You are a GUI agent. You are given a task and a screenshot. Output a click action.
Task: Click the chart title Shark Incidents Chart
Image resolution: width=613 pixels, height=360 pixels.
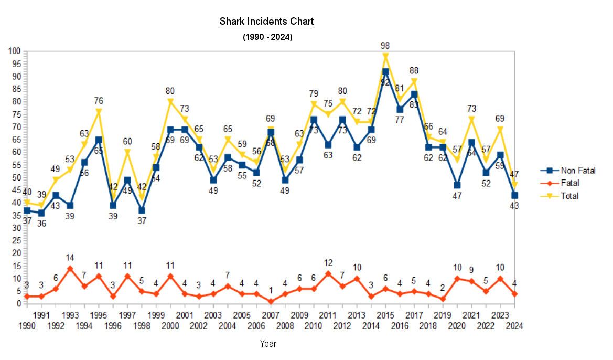point(266,22)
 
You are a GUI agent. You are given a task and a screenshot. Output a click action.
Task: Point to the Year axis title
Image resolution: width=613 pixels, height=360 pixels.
point(268,344)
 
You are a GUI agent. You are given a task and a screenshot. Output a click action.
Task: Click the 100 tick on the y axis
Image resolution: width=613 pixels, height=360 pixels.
point(13,51)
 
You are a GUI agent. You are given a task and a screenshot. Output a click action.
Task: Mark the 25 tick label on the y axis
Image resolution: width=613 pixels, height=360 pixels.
point(15,240)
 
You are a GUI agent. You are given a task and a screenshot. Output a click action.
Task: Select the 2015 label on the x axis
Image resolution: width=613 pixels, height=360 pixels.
point(385,315)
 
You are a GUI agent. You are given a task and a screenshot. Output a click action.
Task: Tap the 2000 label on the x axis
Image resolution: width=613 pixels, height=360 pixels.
point(170,325)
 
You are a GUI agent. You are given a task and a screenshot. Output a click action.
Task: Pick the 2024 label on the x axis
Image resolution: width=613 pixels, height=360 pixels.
point(514,325)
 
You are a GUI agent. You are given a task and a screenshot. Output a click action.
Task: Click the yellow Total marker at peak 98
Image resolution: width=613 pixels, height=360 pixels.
point(385,57)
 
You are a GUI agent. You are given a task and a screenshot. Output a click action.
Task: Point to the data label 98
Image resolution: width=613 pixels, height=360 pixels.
point(385,46)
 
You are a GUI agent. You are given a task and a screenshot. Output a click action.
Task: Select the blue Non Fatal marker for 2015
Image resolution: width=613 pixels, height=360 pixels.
point(385,72)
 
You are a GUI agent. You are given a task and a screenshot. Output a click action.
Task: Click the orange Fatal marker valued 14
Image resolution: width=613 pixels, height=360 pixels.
point(70,268)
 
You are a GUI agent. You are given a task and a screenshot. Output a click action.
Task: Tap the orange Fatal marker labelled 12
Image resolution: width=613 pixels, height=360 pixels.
point(328,273)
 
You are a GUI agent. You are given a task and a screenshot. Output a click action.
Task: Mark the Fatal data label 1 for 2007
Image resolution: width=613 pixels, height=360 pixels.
point(271,290)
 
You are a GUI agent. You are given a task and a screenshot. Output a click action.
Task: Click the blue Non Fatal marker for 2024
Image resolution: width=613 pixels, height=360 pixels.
point(514,195)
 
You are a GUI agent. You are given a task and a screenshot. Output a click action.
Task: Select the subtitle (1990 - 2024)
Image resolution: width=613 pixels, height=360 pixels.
point(267,37)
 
